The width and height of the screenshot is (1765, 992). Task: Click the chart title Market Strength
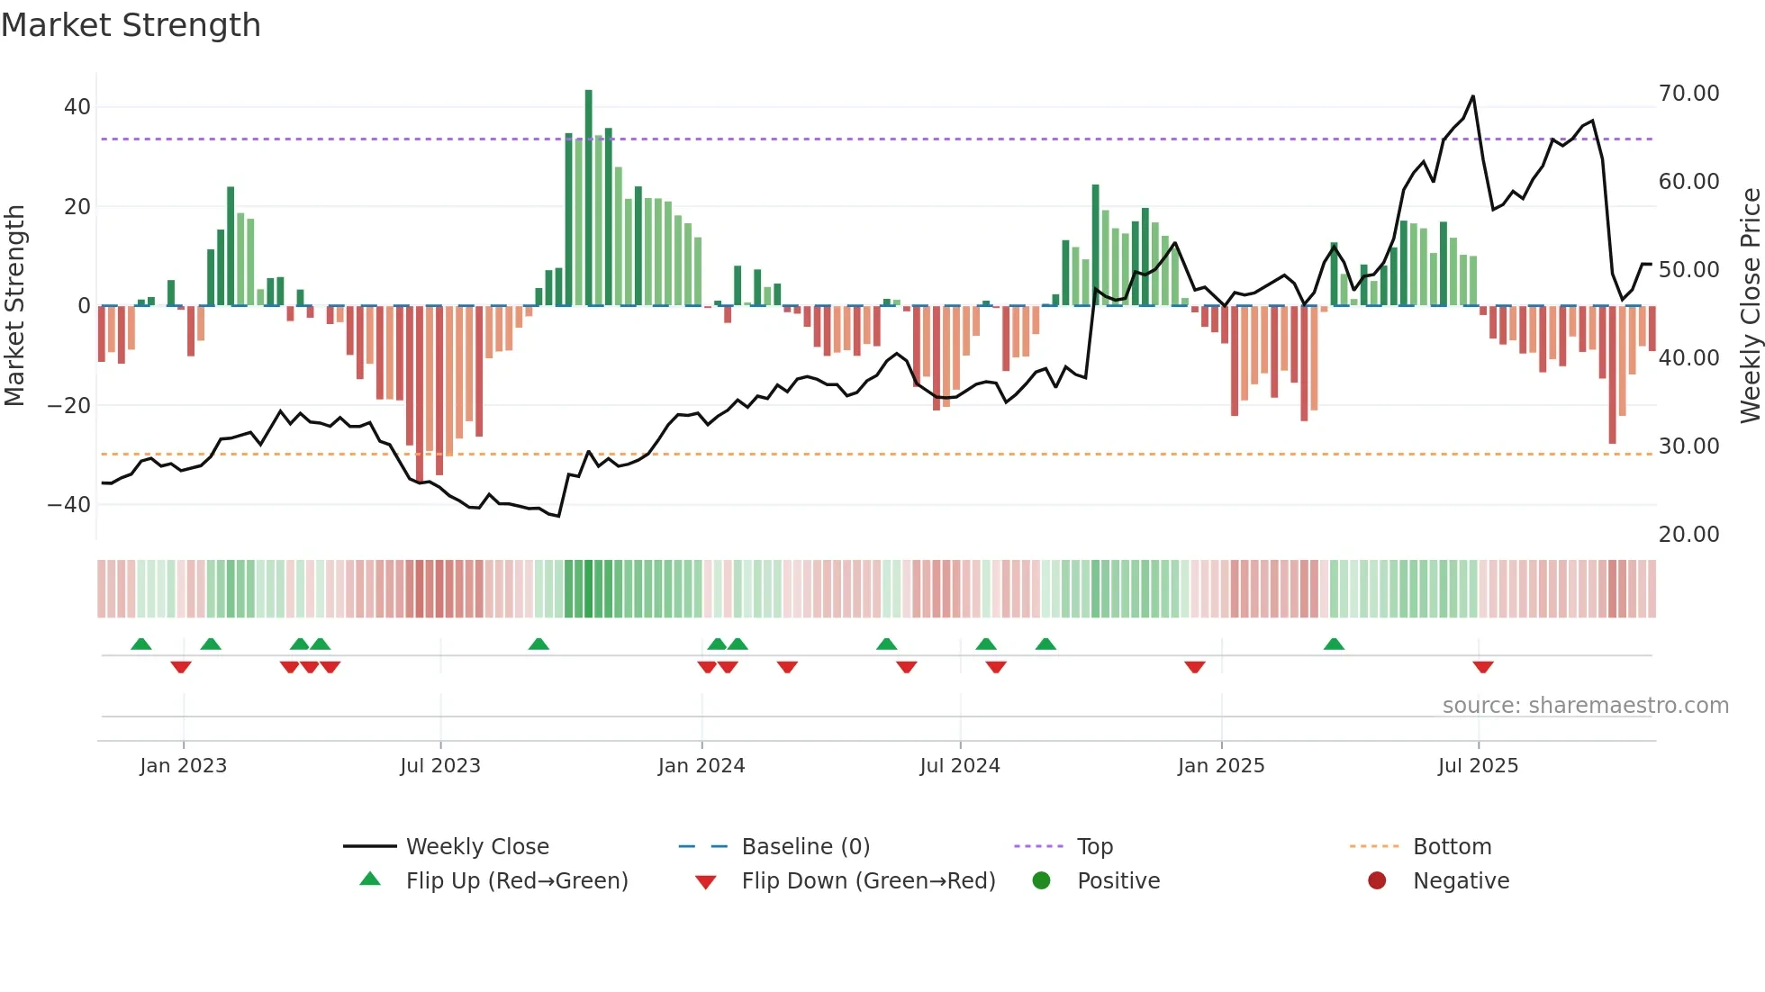(131, 25)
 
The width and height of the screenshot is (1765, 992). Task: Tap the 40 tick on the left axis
(77, 107)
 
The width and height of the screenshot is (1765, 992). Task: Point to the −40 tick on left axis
(69, 505)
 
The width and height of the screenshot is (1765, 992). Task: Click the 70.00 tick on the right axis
(1688, 94)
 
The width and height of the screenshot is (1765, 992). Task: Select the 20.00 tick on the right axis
(1688, 535)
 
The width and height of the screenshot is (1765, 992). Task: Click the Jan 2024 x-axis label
(701, 766)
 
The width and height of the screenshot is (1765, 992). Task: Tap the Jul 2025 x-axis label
(1478, 766)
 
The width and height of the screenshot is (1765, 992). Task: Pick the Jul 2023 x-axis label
(440, 766)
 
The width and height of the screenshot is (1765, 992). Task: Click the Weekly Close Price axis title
(1750, 306)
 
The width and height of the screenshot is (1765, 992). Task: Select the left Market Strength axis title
(15, 306)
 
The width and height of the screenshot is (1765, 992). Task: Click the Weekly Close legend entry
(477, 847)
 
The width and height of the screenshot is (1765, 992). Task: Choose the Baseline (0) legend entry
(805, 847)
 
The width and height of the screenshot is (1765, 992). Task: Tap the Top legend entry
(1095, 847)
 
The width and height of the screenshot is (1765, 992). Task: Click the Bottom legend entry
(1452, 847)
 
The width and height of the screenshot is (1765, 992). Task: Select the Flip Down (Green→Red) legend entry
(868, 881)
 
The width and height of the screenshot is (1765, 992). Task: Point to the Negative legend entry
(1461, 881)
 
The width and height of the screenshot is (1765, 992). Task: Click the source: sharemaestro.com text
(1585, 706)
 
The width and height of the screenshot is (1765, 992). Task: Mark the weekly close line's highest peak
(1473, 96)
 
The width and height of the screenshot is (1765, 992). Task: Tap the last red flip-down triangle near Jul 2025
(1483, 667)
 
